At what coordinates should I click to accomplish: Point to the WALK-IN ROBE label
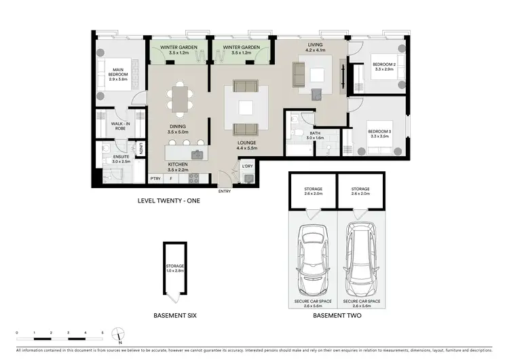119,125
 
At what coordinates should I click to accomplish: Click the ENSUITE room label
122,159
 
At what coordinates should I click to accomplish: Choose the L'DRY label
248,166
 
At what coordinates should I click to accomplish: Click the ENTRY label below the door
224,191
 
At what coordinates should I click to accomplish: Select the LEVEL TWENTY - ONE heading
169,200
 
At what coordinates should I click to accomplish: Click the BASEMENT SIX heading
174,316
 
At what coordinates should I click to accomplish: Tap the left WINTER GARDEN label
179,50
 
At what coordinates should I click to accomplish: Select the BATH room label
315,135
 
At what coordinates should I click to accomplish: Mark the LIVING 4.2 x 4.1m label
315,47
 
